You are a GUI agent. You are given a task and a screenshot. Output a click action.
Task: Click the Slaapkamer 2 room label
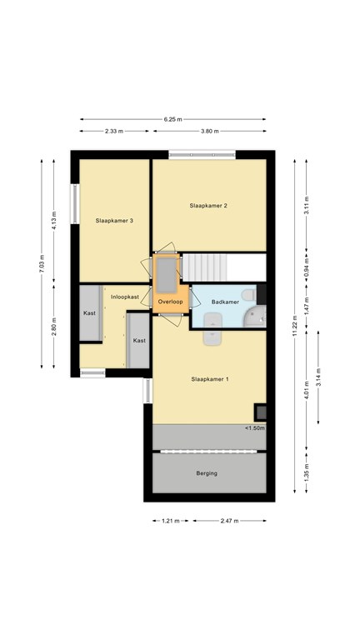(x=208, y=206)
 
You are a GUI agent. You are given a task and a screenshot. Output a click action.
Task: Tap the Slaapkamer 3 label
(x=114, y=220)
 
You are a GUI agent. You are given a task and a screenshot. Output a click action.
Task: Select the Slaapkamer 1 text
(x=210, y=379)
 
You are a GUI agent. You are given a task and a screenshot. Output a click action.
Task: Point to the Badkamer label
(x=225, y=302)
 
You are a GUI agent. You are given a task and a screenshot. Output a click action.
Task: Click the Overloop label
(x=170, y=302)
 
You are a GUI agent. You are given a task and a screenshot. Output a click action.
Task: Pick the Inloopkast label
(x=124, y=297)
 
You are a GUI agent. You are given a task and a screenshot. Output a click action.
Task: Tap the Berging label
(x=207, y=473)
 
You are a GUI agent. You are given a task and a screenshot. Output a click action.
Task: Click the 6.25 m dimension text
(x=173, y=120)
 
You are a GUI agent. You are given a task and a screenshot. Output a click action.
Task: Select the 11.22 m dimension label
(x=294, y=326)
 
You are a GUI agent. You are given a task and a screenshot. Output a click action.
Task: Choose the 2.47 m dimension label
(x=229, y=521)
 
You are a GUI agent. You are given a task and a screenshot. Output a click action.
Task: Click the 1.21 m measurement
(x=171, y=521)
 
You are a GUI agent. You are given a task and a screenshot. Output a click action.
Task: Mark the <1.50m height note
(x=255, y=428)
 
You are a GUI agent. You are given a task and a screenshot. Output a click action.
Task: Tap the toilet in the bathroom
(x=248, y=295)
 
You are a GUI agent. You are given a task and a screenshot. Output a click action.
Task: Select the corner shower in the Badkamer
(x=256, y=316)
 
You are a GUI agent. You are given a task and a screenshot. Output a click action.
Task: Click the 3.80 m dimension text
(x=209, y=132)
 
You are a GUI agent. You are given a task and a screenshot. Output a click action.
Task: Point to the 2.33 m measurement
(x=114, y=132)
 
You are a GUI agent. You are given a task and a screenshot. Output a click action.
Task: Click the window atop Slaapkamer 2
(x=202, y=155)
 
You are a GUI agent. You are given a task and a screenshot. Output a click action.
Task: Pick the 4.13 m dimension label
(x=54, y=221)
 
